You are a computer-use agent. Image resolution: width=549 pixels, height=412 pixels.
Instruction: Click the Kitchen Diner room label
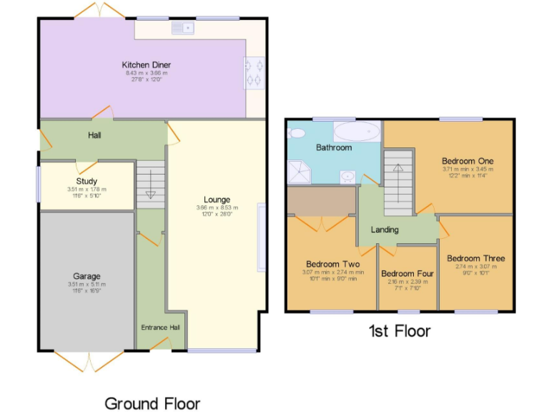point(146,65)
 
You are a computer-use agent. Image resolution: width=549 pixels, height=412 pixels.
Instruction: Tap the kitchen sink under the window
point(182,29)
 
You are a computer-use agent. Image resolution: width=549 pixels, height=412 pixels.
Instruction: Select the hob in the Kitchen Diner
point(254,72)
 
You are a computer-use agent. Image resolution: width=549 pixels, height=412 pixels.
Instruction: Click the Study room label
point(86,182)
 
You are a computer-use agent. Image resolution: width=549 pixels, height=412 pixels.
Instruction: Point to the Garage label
point(86,276)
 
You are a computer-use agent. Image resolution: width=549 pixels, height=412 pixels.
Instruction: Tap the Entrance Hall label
point(160,328)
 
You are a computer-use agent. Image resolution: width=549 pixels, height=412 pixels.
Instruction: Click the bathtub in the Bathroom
point(357,132)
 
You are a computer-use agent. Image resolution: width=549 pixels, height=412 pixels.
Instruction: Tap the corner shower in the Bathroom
point(298,170)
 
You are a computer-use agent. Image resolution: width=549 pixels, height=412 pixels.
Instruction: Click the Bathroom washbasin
point(347,175)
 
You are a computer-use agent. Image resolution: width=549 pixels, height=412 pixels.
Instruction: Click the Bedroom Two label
point(332,264)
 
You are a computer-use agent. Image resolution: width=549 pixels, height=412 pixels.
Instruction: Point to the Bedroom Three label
point(475,258)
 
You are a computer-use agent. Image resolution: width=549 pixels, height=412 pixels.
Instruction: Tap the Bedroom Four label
point(407,273)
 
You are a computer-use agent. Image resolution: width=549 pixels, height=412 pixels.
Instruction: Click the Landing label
point(384,230)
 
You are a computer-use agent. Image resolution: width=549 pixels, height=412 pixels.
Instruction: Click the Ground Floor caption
point(152,403)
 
